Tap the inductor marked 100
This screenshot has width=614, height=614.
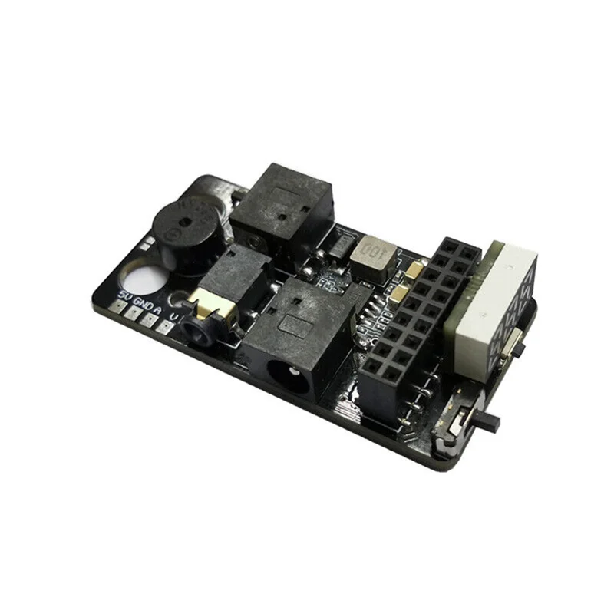(x=372, y=256)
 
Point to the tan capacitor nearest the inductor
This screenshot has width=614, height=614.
(x=415, y=269)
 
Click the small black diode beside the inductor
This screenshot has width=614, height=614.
(x=338, y=245)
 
